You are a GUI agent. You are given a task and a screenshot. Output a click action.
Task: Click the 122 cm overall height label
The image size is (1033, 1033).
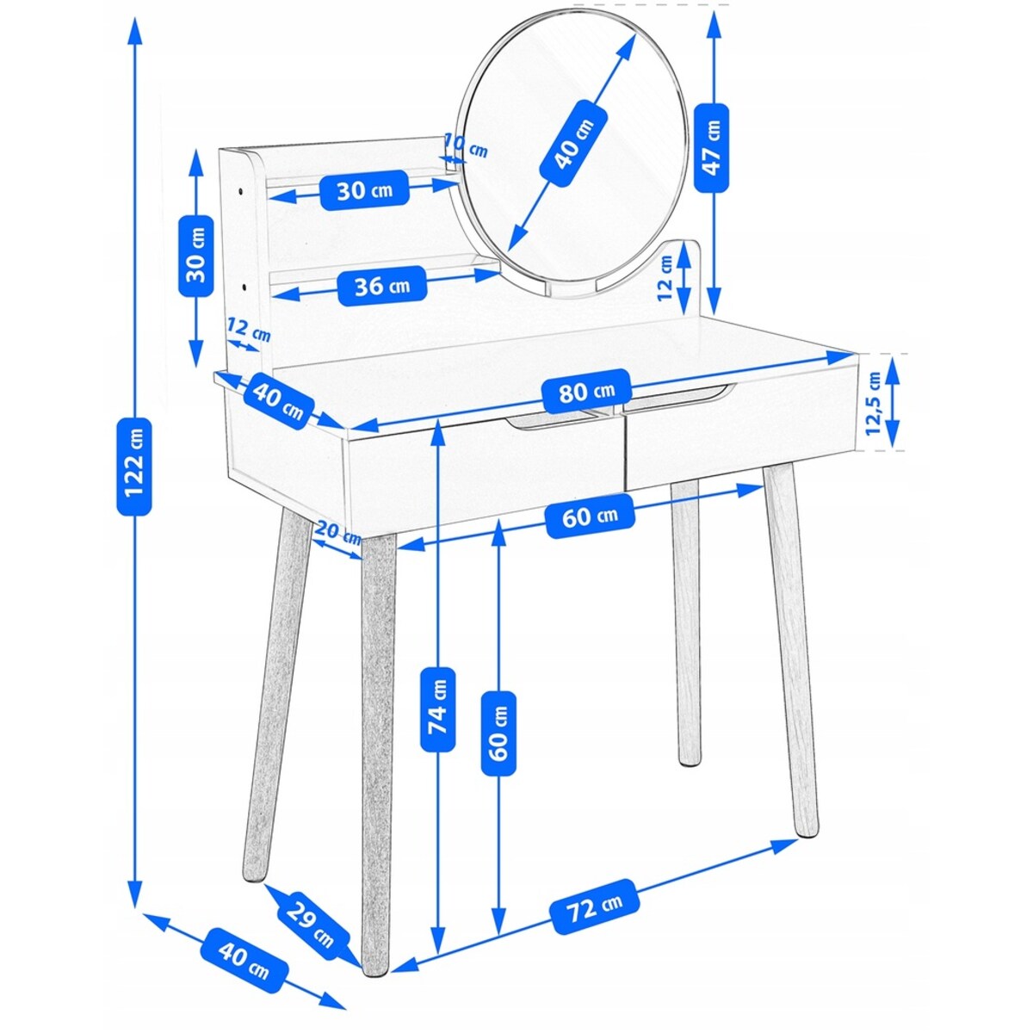click(x=134, y=467)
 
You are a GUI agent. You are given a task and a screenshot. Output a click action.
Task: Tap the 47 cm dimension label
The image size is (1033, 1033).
click(x=711, y=147)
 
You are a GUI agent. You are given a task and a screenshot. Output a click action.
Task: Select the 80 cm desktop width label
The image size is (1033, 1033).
click(x=586, y=392)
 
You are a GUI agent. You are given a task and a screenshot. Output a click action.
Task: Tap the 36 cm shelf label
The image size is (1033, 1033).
click(x=382, y=287)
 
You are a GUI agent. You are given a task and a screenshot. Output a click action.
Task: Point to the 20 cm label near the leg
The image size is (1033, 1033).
click(x=337, y=530)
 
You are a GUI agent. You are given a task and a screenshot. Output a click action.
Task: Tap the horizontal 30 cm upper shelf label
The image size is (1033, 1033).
click(x=364, y=189)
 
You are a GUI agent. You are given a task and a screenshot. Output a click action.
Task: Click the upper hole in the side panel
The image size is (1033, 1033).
click(x=241, y=191)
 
